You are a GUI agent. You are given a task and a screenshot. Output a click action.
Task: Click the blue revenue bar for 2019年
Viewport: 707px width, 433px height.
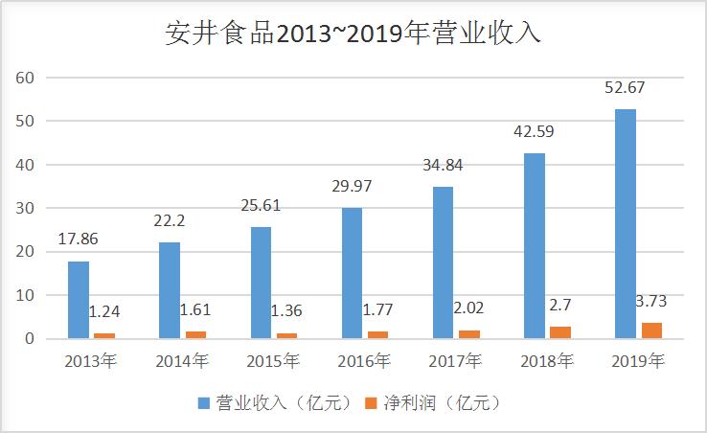[626, 224]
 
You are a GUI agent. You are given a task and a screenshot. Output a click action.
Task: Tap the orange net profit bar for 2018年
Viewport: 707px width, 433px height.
[560, 332]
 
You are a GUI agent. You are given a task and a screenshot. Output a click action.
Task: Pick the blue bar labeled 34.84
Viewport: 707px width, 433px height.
[443, 262]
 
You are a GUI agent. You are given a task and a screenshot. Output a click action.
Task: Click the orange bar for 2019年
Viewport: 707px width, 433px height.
[651, 330]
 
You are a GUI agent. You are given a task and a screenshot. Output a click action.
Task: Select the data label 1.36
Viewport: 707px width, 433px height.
[287, 311]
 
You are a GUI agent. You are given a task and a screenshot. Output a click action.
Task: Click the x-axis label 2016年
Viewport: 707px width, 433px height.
[365, 362]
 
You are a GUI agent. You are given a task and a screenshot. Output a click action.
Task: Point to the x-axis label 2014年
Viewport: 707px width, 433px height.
[182, 362]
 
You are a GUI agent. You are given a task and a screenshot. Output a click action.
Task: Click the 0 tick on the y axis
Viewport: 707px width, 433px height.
[32, 339]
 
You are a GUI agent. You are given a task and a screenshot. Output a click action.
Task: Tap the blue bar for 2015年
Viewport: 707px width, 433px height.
[262, 283]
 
